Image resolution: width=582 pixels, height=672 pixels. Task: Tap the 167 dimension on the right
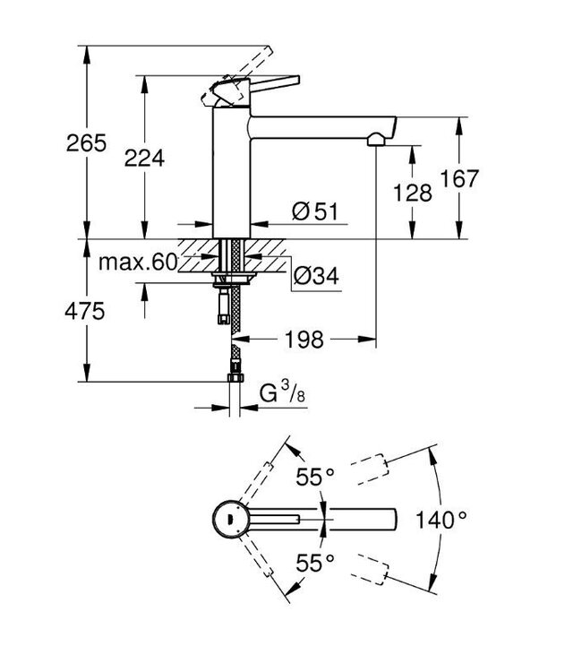[461, 178]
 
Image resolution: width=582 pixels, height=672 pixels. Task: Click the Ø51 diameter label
[313, 212]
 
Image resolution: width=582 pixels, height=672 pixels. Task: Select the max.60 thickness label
[139, 263]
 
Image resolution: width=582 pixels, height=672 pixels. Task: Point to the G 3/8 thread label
[279, 393]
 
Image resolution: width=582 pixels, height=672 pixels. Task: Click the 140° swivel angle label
[442, 519]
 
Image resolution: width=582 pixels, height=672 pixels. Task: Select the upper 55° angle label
[316, 478]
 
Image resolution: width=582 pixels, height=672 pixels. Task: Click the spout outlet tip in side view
[378, 139]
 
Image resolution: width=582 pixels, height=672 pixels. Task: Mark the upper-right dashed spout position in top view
[369, 470]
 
